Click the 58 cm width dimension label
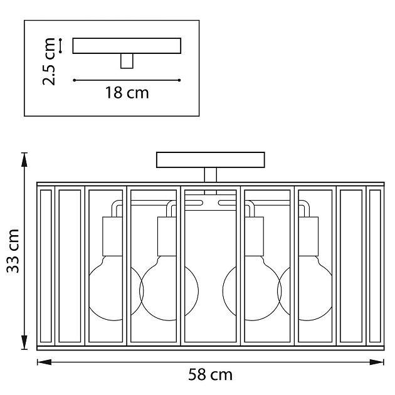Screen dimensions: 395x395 (x=210, y=375)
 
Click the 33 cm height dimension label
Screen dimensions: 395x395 (x=13, y=251)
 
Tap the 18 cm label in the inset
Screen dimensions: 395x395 (x=127, y=93)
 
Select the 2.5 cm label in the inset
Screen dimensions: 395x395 (x=49, y=61)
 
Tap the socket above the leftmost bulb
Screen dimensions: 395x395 (x=112, y=236)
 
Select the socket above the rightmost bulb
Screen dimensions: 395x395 (x=308, y=236)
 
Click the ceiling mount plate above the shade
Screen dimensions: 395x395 (x=210, y=160)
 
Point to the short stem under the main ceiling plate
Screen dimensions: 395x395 (x=210, y=175)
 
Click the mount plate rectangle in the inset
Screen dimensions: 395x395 (x=127, y=46)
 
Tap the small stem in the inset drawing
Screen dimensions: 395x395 (x=127, y=61)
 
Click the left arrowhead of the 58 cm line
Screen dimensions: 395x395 (x=44, y=362)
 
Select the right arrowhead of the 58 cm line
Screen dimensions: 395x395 (x=377, y=362)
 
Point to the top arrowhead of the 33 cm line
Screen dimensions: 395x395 (x=24, y=160)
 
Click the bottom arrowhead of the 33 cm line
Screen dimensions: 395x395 (x=24, y=342)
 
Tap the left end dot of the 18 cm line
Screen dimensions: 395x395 (x=75, y=80)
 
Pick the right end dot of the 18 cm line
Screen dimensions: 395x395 (x=179, y=80)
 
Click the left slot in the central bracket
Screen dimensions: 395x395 (x=194, y=203)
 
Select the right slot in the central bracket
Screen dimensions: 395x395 (x=227, y=203)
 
